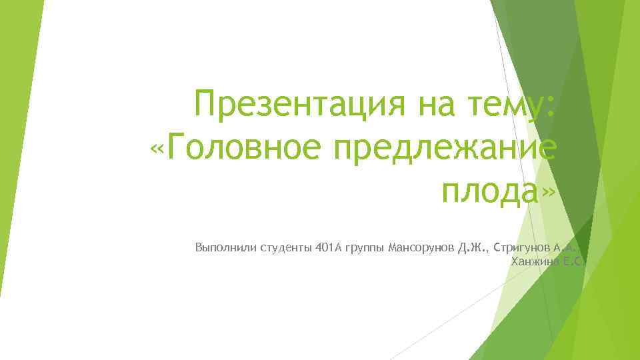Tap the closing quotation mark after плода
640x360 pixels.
click(548, 191)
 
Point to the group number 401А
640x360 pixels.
click(329, 249)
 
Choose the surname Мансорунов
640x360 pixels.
click(420, 249)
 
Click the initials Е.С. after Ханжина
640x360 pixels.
click(571, 261)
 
